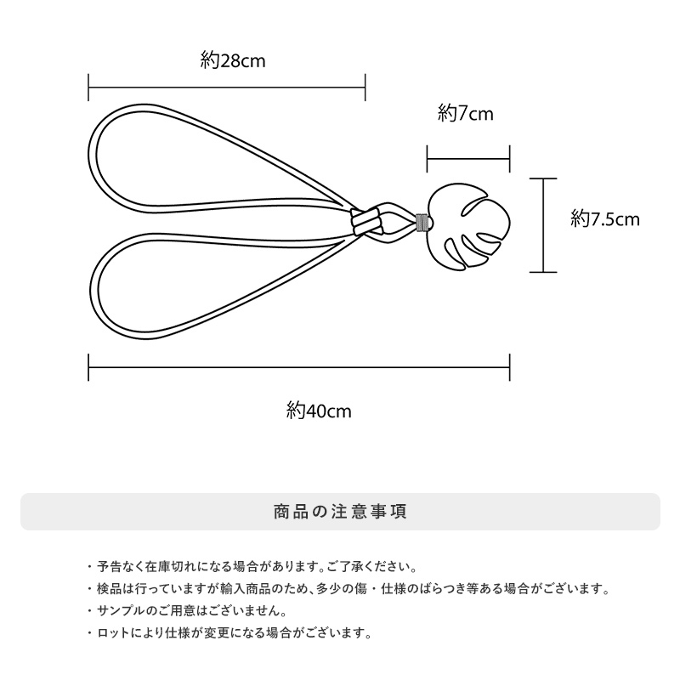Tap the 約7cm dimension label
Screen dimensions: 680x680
point(466,114)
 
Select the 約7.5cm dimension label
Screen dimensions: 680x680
point(604,219)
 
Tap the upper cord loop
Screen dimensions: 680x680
point(170,127)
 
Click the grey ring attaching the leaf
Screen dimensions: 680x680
point(422,223)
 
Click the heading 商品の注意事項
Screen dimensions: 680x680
point(340,512)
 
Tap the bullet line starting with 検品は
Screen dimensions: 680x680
point(348,588)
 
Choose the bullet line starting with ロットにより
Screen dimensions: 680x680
point(229,633)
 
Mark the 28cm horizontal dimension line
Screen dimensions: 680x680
point(227,87)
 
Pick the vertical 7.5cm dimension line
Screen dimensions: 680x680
point(543,225)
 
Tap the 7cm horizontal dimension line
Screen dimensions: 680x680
point(468,158)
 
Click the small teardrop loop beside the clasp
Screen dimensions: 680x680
point(394,224)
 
